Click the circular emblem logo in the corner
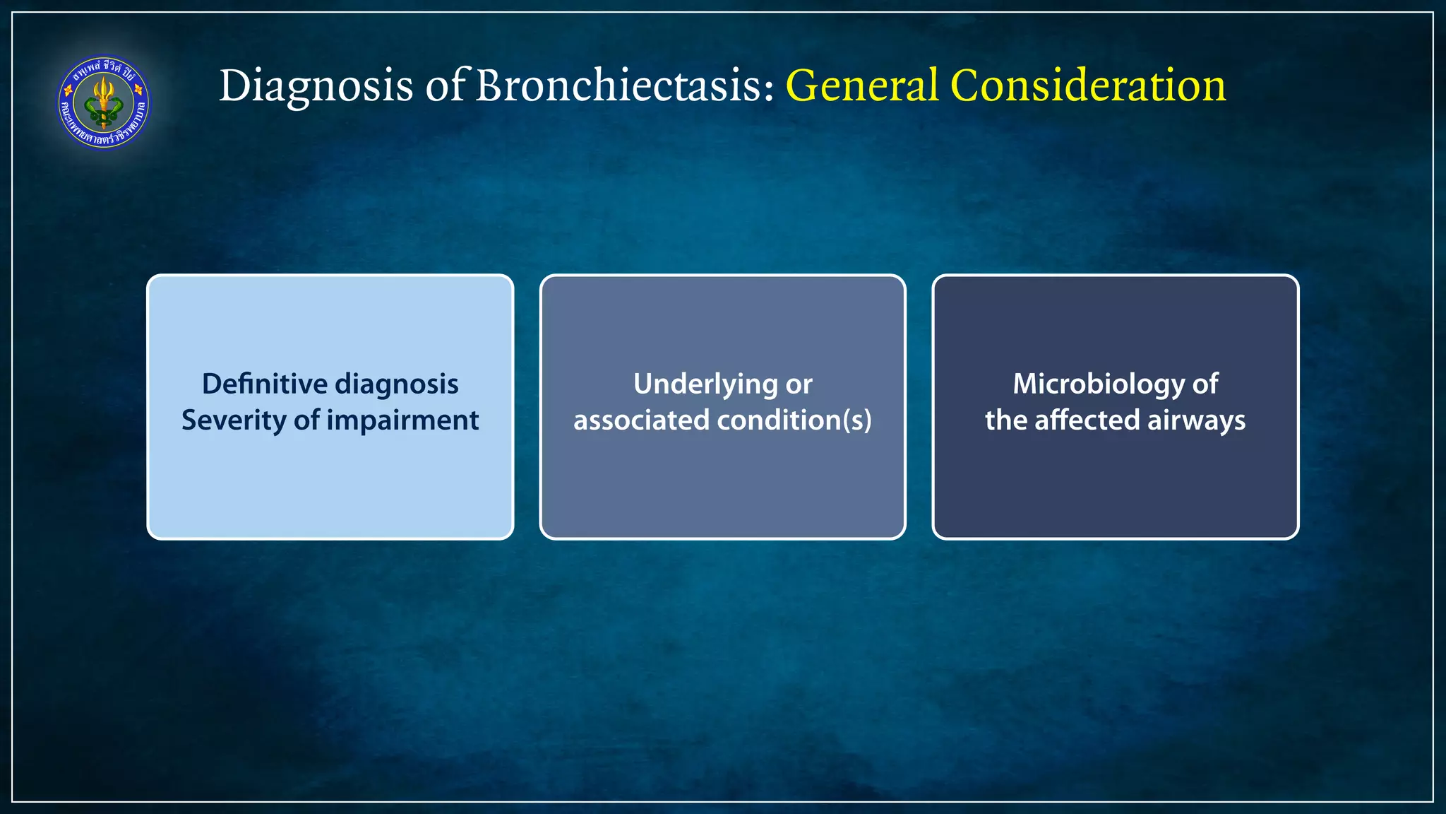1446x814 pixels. click(x=104, y=103)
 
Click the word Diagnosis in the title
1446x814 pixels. click(x=316, y=86)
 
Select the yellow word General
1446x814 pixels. click(x=862, y=86)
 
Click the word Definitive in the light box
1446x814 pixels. click(x=265, y=384)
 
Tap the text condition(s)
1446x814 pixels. click(x=794, y=420)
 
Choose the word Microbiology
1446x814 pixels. click(x=1099, y=385)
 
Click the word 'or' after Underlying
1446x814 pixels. click(x=799, y=385)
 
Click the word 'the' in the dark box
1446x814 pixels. click(x=1005, y=420)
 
